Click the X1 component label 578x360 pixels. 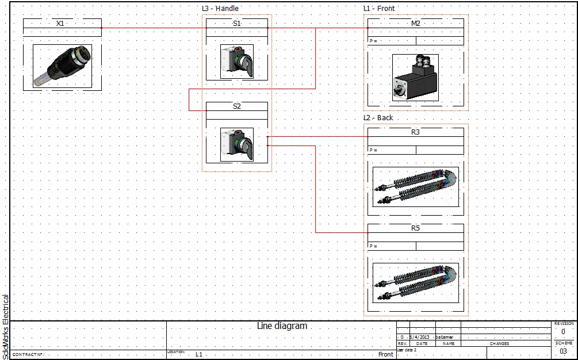pos(60,24)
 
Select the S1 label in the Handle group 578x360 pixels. pos(237,24)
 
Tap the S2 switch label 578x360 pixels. pos(237,106)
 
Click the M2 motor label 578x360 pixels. pos(415,24)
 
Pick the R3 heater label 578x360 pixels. pos(415,132)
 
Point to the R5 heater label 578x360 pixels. pos(415,228)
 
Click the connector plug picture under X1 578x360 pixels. pos(62,67)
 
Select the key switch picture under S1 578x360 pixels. pos(236,62)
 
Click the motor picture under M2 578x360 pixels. pos(415,78)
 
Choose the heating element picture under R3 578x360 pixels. pos(415,187)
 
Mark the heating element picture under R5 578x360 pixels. pos(415,283)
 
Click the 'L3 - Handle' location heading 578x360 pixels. pos(220,9)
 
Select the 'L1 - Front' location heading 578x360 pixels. pos(379,9)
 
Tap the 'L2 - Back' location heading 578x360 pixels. pos(378,118)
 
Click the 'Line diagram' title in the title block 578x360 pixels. pos(282,326)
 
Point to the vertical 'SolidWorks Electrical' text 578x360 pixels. pos(6,325)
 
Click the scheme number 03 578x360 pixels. pos(563,351)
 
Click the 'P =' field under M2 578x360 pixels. pos(374,41)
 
